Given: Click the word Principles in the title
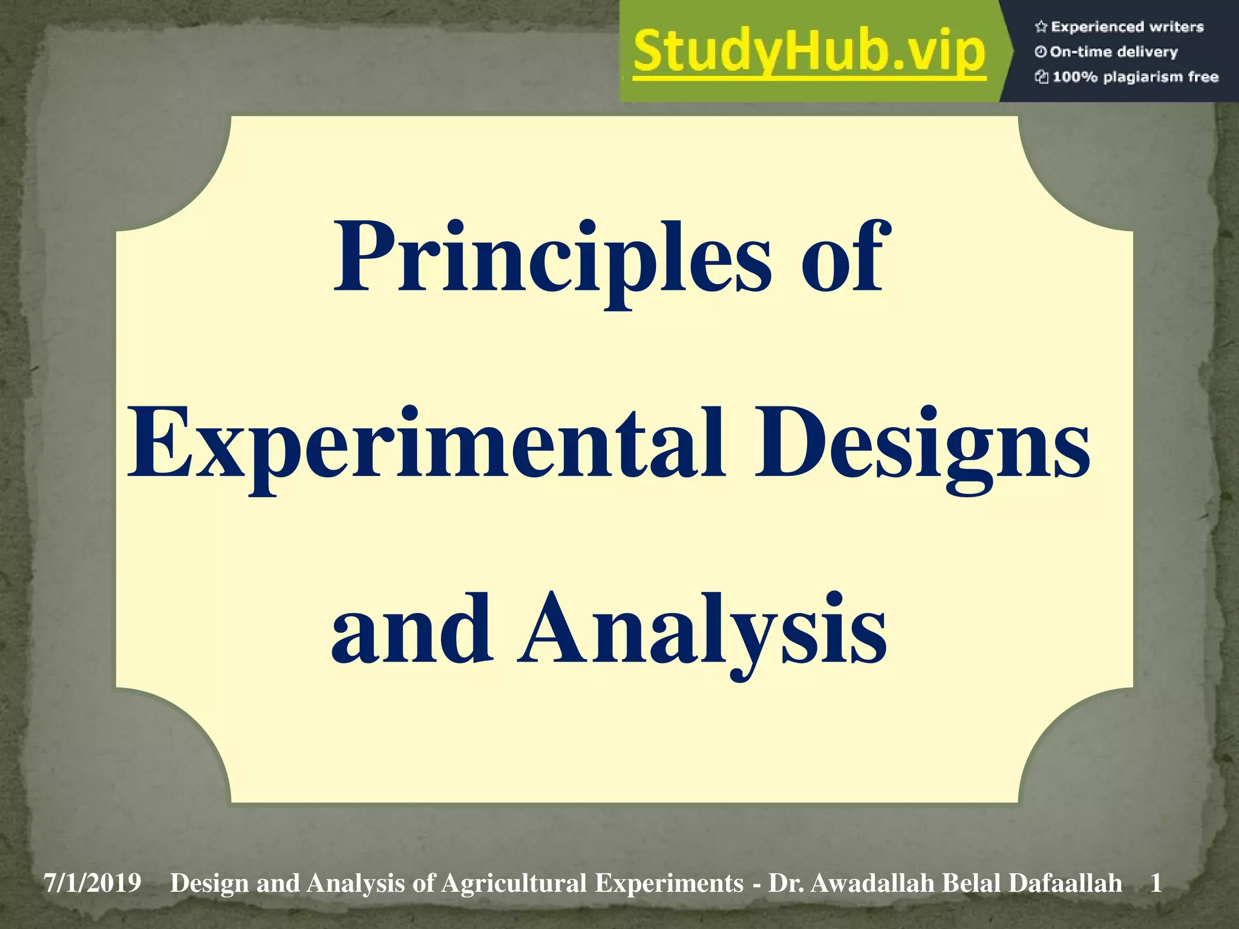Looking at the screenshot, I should [552, 260].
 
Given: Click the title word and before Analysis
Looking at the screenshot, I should [411, 629].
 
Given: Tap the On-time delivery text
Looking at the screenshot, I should [1113, 52].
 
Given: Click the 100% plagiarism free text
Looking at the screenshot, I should [1135, 77].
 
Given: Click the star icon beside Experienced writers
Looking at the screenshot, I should [1041, 27].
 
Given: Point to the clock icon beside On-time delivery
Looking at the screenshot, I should [1041, 52].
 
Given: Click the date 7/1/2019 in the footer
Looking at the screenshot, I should [93, 884].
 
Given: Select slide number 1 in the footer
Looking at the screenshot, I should [1156, 884].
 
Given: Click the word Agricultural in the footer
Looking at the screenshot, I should [514, 884].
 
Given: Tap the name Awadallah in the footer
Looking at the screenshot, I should [872, 884].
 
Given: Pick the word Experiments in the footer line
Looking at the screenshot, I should [669, 884].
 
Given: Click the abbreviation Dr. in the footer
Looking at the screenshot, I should [785, 884].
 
